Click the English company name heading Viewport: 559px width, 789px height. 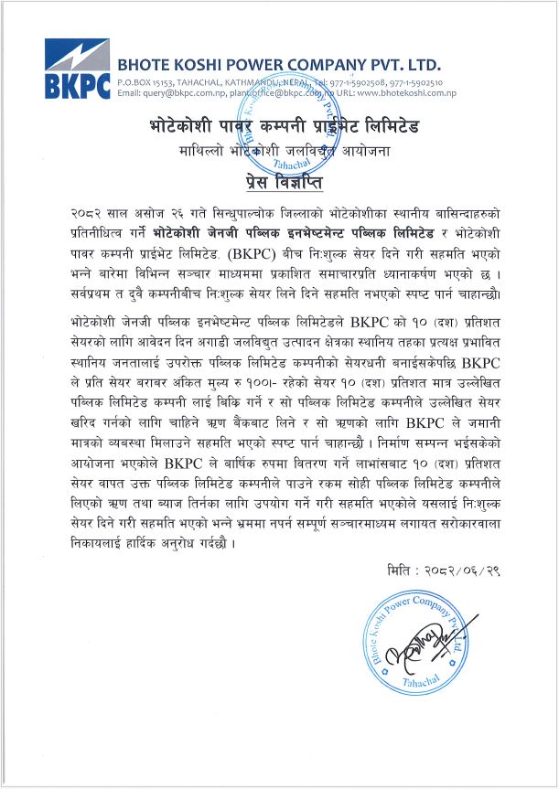point(279,66)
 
